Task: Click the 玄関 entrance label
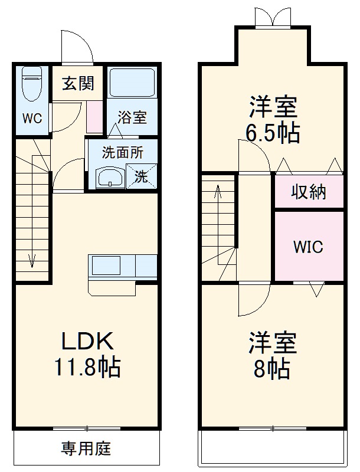tap(78, 84)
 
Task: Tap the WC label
tap(32, 118)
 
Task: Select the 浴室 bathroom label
tap(132, 117)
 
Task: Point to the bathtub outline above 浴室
tap(132, 84)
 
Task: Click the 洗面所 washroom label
tap(122, 152)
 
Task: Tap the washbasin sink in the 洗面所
tap(110, 177)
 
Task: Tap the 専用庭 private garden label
tap(86, 449)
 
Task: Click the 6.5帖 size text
tap(273, 134)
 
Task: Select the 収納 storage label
tap(309, 192)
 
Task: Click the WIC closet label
tap(309, 247)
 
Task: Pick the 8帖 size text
tap(272, 369)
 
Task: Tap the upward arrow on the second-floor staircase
tap(218, 192)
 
